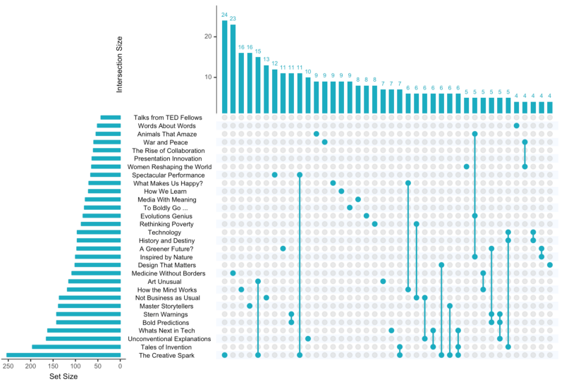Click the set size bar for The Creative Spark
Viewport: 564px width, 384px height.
pyautogui.click(x=63, y=355)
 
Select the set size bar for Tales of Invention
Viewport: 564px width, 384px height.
pyautogui.click(x=76, y=347)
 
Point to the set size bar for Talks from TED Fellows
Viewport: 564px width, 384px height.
pyautogui.click(x=111, y=118)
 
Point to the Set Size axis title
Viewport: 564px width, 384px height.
pyautogui.click(x=63, y=376)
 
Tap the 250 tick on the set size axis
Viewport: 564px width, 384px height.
pyautogui.click(x=8, y=365)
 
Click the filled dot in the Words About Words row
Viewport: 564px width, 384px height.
pyautogui.click(x=517, y=126)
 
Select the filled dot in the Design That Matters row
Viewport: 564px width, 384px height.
pyautogui.click(x=550, y=265)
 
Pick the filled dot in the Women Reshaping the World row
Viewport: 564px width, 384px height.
pyautogui.click(x=467, y=167)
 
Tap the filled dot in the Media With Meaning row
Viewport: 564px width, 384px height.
pyautogui.click(x=358, y=199)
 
